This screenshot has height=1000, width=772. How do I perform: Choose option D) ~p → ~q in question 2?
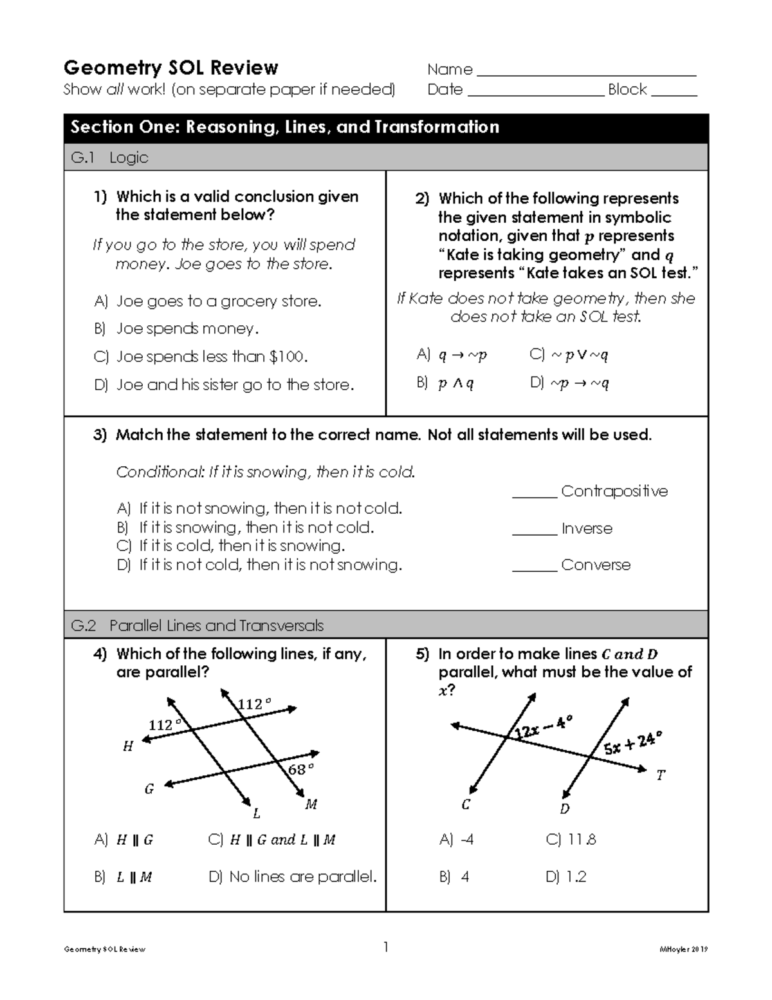[x=569, y=383]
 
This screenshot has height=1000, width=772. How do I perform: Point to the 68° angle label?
[x=300, y=769]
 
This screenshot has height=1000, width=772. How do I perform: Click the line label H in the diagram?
[x=128, y=746]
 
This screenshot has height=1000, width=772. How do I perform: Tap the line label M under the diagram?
[x=311, y=804]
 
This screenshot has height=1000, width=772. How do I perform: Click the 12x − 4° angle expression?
[x=542, y=729]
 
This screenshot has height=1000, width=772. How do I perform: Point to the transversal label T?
[x=661, y=775]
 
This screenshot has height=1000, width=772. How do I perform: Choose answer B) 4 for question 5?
[x=454, y=877]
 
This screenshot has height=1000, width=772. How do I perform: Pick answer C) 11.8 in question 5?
[x=571, y=840]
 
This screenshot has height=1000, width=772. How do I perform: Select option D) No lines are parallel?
[x=293, y=877]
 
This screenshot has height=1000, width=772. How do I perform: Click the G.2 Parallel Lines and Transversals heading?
[x=197, y=625]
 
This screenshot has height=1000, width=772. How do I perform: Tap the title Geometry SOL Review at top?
[x=170, y=68]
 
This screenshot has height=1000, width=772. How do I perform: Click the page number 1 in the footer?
[x=386, y=947]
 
